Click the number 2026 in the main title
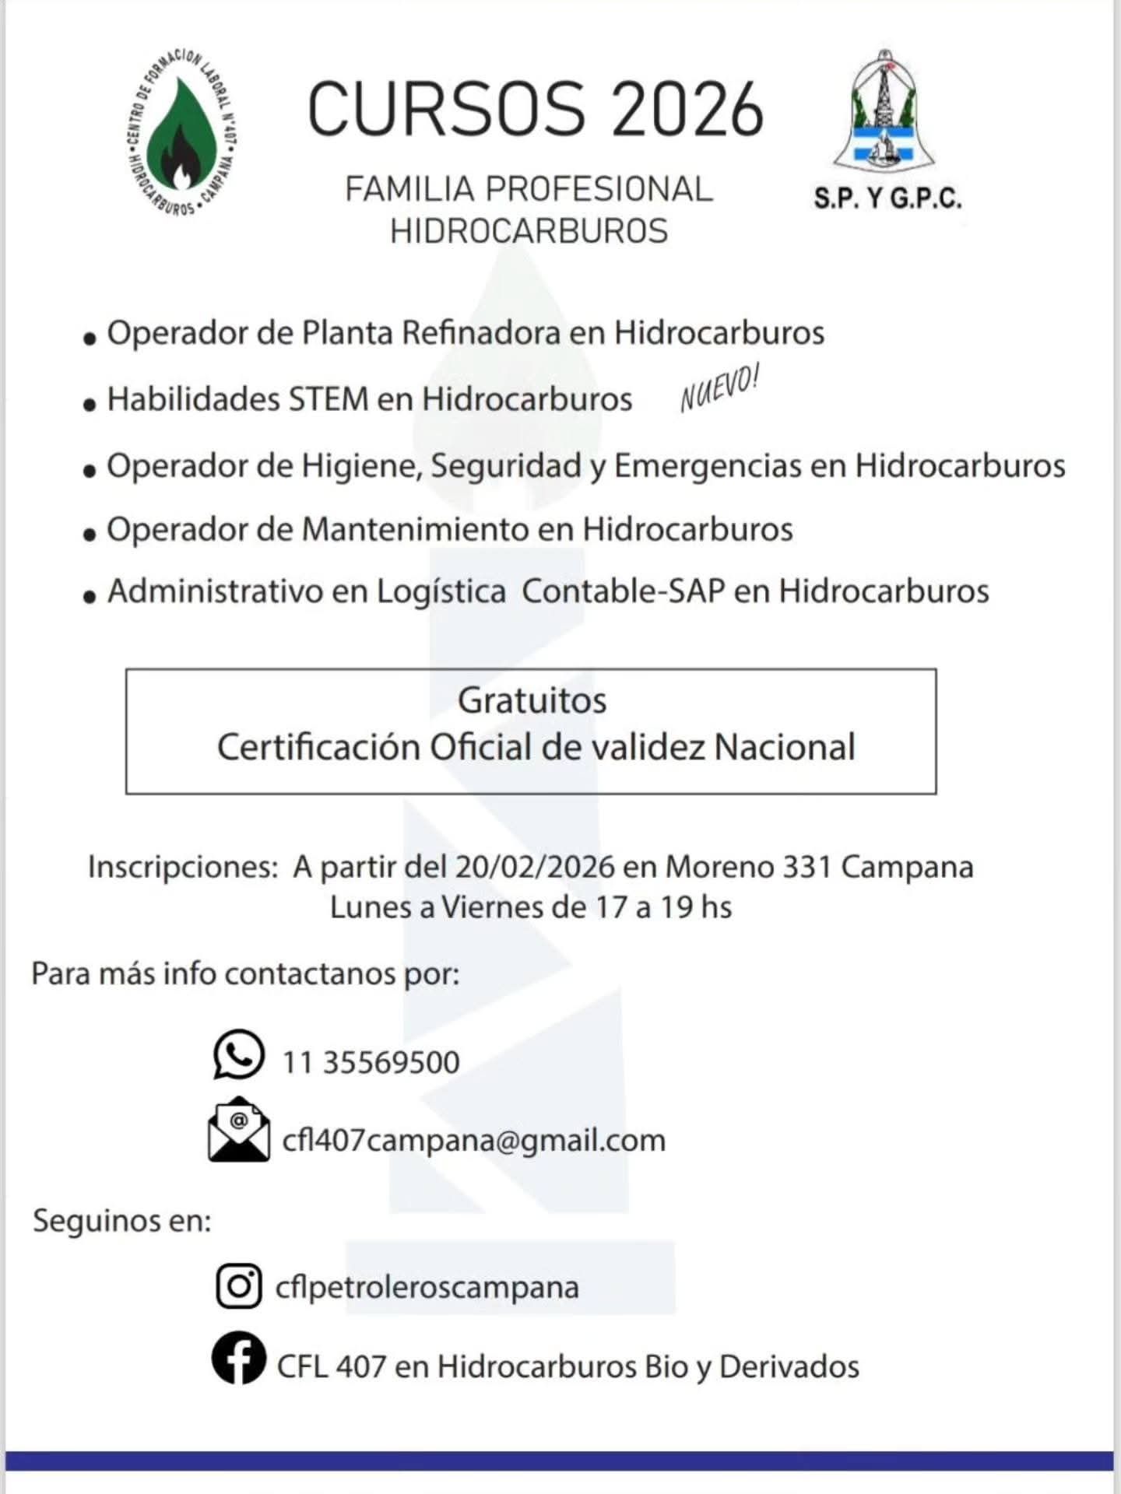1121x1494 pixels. (x=687, y=110)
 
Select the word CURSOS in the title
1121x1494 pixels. (x=447, y=110)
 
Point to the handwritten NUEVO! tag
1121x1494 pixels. (x=719, y=388)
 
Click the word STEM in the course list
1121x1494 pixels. (x=329, y=399)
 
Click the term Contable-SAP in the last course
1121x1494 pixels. (x=623, y=591)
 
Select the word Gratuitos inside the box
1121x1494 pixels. (x=532, y=700)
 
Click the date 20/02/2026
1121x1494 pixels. (x=536, y=867)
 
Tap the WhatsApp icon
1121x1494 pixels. (x=238, y=1055)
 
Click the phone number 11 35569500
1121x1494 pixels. (x=371, y=1063)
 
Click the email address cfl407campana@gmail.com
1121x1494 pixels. (x=473, y=1141)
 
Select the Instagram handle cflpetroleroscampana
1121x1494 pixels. (x=427, y=1287)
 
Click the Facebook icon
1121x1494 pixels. (x=238, y=1357)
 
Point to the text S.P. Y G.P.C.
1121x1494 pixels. (x=887, y=199)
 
